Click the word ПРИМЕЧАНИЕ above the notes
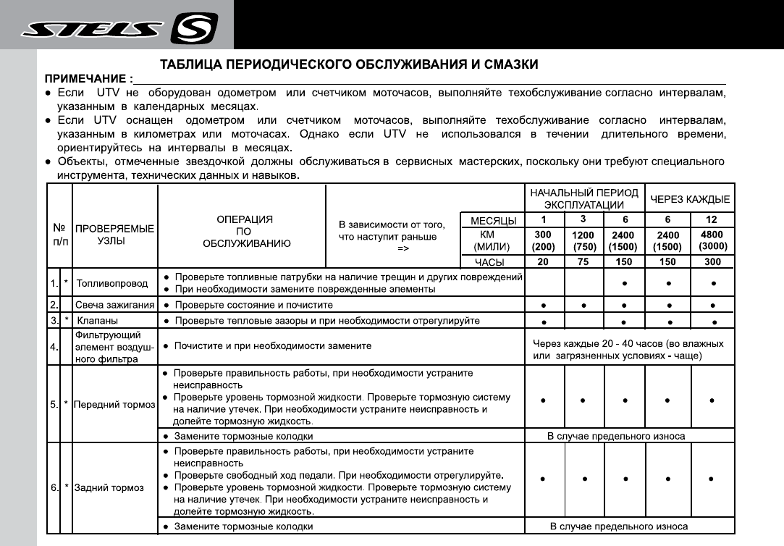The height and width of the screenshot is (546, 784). tap(88, 78)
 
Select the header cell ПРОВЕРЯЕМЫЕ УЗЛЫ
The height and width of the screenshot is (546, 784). tap(115, 235)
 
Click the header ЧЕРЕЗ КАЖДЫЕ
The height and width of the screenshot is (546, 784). tap(690, 199)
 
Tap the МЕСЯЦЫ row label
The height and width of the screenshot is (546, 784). tap(493, 220)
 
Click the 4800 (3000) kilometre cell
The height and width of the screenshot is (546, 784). tap(713, 240)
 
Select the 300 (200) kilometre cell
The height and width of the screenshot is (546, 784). tap(543, 240)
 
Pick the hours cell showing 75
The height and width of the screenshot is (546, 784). tap(583, 262)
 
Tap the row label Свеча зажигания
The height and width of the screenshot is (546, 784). tap(114, 305)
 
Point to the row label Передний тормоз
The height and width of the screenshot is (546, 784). tap(115, 404)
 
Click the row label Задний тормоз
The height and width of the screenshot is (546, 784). tap(109, 488)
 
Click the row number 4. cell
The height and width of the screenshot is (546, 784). tap(54, 346)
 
